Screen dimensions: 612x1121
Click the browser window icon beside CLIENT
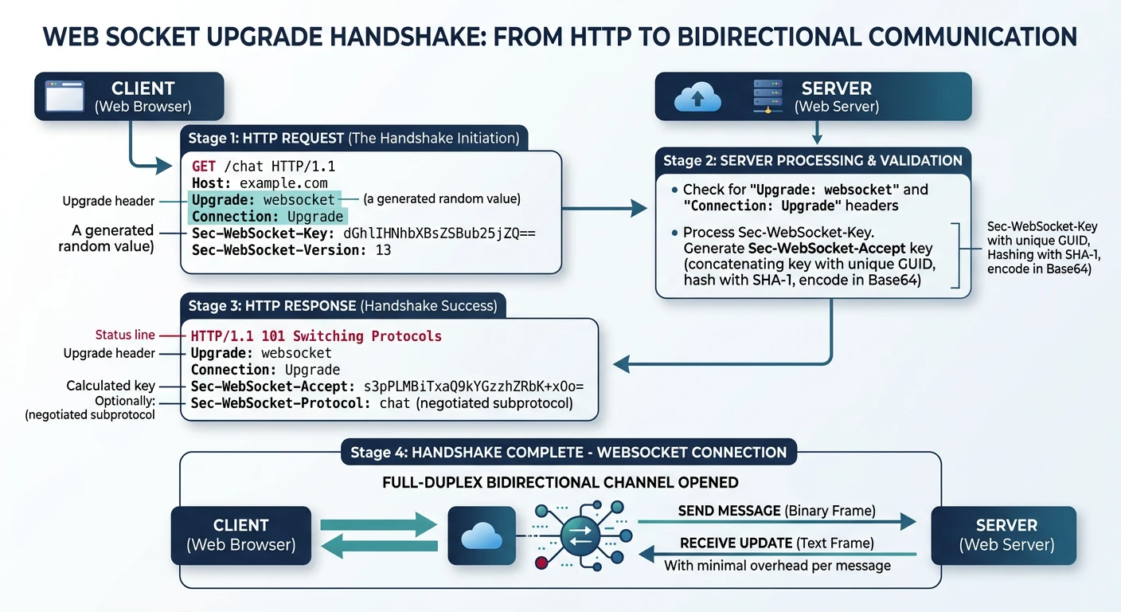point(64,96)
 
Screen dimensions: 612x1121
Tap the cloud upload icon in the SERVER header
point(697,97)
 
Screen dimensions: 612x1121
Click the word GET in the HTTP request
point(205,167)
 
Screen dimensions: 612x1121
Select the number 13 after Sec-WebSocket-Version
point(383,250)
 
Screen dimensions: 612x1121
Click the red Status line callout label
point(125,335)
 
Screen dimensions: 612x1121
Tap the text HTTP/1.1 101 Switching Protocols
point(316,335)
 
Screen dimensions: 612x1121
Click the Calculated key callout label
point(111,386)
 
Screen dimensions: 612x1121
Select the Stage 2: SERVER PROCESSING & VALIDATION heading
point(813,161)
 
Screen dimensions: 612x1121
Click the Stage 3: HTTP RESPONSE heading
point(342,306)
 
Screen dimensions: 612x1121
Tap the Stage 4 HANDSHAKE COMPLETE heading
point(568,453)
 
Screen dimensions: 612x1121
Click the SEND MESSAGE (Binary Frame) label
point(776,511)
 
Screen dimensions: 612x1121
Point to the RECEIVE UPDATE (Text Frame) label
point(777,543)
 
